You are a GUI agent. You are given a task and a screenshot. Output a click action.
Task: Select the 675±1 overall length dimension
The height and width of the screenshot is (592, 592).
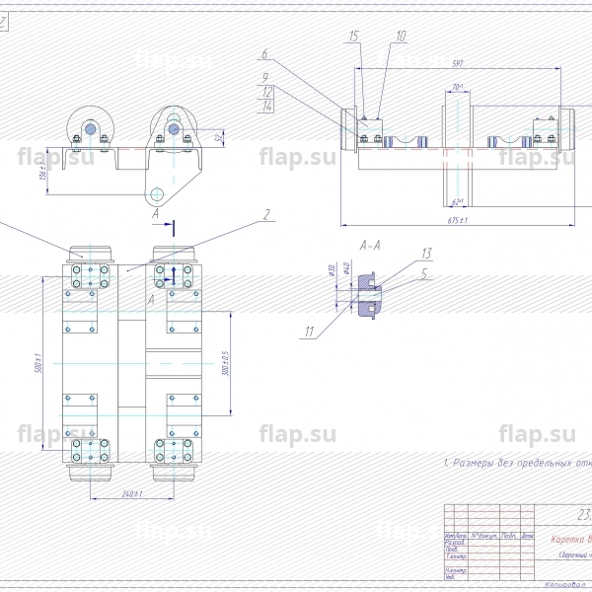click(x=457, y=220)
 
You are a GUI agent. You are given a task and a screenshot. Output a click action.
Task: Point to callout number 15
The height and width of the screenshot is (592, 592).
click(x=353, y=36)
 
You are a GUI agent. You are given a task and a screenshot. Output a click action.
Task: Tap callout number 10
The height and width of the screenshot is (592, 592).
click(x=401, y=36)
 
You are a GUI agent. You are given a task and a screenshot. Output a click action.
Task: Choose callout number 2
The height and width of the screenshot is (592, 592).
click(x=266, y=213)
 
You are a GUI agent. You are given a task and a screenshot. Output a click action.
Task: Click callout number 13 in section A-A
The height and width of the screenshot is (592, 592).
click(x=427, y=253)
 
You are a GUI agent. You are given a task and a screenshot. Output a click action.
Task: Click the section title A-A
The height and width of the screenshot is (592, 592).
click(x=370, y=241)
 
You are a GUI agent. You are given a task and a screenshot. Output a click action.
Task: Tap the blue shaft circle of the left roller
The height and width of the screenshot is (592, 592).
click(x=91, y=128)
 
